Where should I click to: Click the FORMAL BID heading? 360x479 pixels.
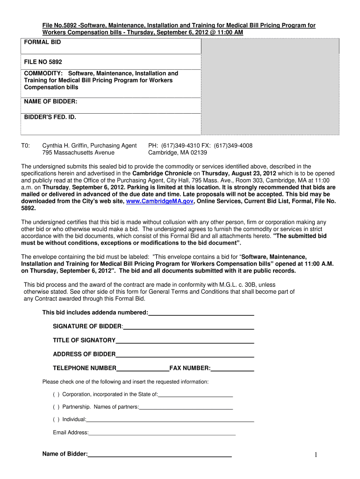point(43,42)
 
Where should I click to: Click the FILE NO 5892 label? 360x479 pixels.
point(43,62)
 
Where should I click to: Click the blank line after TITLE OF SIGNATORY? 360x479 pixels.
point(185,341)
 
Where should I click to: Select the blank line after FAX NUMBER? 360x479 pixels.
point(232,369)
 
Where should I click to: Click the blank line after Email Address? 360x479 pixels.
point(162,434)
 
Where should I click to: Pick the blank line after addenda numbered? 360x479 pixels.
point(201,313)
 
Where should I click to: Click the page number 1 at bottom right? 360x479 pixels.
point(316,456)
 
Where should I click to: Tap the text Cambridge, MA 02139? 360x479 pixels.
point(178,152)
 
